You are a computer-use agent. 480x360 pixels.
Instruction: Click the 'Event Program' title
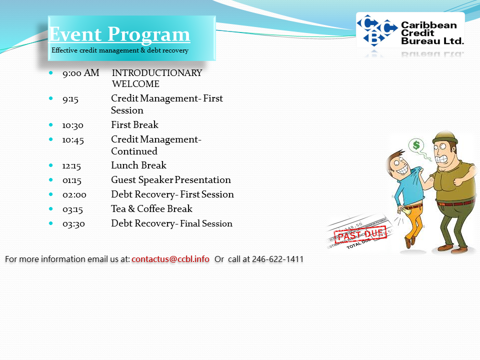[x=119, y=34]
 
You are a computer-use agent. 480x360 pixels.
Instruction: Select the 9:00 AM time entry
[x=81, y=73]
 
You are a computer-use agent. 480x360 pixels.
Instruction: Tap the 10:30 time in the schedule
[x=73, y=125]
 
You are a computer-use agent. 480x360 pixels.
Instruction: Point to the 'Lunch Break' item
[x=138, y=165]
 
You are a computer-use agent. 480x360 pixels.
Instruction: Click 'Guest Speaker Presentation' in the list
[x=171, y=180]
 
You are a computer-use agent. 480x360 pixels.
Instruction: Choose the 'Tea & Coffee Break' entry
[x=152, y=209]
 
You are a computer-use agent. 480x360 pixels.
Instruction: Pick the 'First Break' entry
[x=134, y=125]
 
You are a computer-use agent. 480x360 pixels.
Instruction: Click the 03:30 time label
[x=74, y=224]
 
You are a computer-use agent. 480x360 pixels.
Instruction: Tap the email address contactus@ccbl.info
[x=170, y=259]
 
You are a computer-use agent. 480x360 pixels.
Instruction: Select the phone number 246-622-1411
[x=277, y=259]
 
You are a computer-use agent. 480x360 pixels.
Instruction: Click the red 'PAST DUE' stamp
[x=360, y=235]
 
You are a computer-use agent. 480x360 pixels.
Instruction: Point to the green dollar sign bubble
[x=416, y=145]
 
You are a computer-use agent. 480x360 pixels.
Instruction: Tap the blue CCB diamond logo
[x=376, y=30]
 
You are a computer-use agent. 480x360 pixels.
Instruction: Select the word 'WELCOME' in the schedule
[x=135, y=84]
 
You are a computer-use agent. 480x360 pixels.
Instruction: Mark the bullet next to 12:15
[x=51, y=165]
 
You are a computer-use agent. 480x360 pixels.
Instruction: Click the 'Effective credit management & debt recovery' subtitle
[x=120, y=50]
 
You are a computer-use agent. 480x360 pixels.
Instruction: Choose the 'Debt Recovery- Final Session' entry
[x=171, y=223]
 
